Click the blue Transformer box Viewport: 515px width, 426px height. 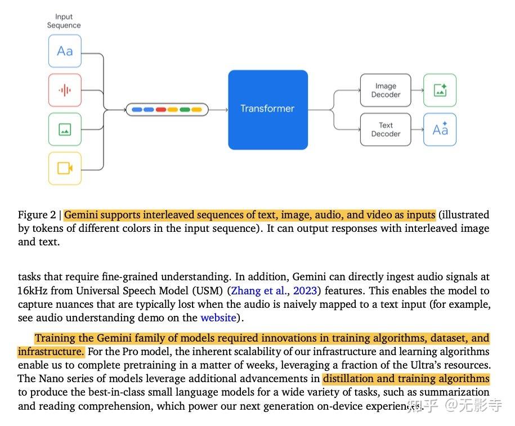pyautogui.click(x=267, y=109)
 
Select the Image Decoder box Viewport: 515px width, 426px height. pyautogui.click(x=386, y=90)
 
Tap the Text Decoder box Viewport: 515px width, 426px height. pyautogui.click(x=386, y=129)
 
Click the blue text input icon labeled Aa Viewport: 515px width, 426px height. pyautogui.click(x=65, y=51)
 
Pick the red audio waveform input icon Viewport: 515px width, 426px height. pyautogui.click(x=65, y=90)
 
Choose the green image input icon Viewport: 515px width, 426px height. pyautogui.click(x=65, y=129)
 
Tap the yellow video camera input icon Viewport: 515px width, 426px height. pyautogui.click(x=65, y=168)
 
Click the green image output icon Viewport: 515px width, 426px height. pyautogui.click(x=440, y=90)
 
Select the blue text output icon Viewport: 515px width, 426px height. pyautogui.click(x=440, y=129)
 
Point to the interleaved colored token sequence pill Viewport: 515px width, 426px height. pyautogui.click(x=167, y=109)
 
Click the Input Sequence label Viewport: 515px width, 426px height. pyautogui.click(x=64, y=21)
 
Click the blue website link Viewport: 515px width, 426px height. pyautogui.click(x=218, y=318)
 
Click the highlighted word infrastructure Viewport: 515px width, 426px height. pyautogui.click(x=51, y=352)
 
